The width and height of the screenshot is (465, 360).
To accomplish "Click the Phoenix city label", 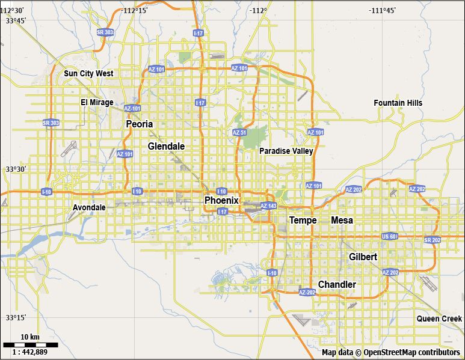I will [221, 200].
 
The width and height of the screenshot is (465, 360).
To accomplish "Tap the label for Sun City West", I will [88, 73].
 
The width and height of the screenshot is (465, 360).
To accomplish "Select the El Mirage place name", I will [97, 102].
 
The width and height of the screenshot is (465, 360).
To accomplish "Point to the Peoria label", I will [140, 124].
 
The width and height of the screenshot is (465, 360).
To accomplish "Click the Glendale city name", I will [166, 146].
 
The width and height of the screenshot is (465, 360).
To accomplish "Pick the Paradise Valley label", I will [286, 151].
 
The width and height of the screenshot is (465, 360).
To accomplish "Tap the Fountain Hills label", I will [398, 103].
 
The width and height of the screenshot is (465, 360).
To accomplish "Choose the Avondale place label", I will [89, 207].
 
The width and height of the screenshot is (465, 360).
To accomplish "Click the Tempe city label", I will [303, 221].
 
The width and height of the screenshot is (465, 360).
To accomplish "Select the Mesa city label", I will [342, 221].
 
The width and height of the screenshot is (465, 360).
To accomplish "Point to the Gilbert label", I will [363, 257].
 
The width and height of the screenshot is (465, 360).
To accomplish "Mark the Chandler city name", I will [337, 284].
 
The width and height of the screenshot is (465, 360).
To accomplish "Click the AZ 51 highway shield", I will [239, 133].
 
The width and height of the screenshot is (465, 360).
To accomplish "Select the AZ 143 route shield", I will [269, 206].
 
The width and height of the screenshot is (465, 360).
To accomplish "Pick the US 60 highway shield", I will [389, 237].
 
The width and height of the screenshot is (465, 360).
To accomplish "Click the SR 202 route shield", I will [432, 240].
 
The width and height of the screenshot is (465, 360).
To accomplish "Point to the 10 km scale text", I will [30, 336].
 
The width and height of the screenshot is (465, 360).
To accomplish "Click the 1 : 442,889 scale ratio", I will [31, 352].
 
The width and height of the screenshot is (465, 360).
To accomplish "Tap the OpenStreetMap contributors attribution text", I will [391, 353].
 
